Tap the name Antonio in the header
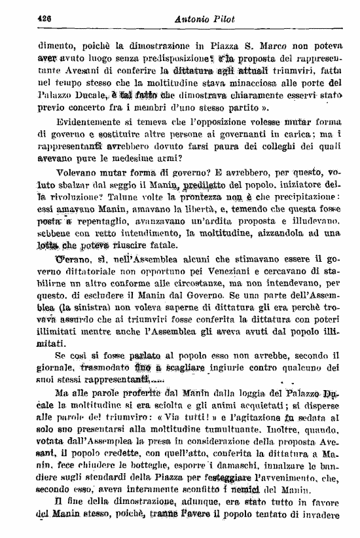point(197,19)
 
